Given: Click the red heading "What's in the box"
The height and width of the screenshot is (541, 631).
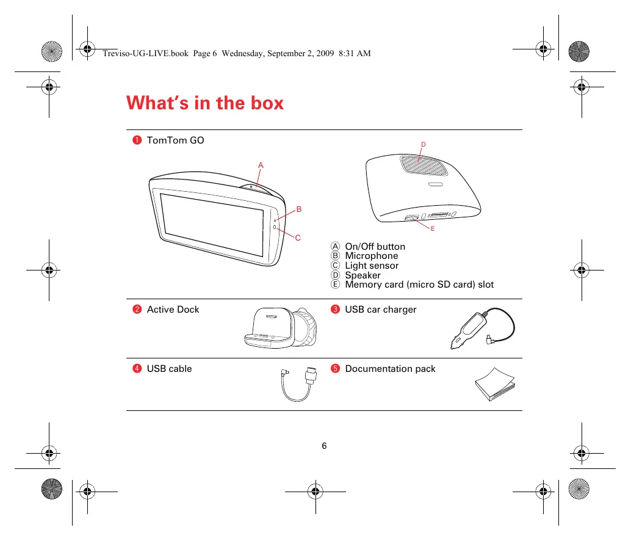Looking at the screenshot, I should coord(205,103).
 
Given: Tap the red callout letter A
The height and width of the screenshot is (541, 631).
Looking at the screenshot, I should coord(261,165).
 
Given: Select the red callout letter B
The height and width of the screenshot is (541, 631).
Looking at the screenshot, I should coord(299,209).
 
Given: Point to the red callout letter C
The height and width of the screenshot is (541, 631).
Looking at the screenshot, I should coord(298,238).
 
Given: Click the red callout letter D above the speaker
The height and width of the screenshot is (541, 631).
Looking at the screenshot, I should coord(422,144).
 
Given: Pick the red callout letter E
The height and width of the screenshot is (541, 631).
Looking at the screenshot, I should coord(431,228).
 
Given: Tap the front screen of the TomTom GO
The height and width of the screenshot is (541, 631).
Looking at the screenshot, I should coord(212,223).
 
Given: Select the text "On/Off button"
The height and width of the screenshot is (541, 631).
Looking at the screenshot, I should coord(375,247).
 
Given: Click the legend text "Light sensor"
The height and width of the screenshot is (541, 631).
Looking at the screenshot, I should coord(372,266).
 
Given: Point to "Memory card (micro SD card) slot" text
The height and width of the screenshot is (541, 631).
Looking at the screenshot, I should coord(419,285).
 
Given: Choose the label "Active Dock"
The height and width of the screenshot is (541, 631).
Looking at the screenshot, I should coord(173,310).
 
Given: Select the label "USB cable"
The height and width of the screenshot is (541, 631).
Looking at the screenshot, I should coord(169,369).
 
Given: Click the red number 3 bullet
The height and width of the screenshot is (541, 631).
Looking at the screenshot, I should coord(335,310).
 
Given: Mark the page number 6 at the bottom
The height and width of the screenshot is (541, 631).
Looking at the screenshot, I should coord(324,446).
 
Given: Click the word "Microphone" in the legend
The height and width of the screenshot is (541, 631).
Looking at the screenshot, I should coord(371,256).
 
